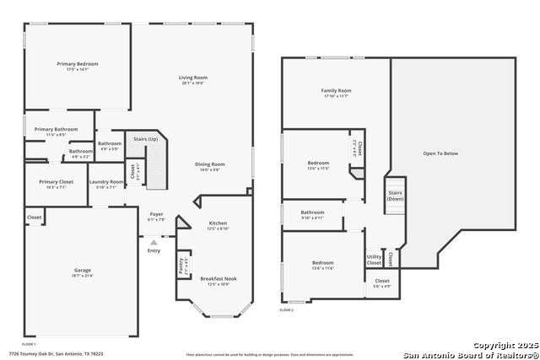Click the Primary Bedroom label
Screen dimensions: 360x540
[78, 64]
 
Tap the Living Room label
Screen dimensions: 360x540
[192, 78]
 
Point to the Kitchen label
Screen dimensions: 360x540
[218, 223]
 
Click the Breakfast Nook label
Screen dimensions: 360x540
[218, 278]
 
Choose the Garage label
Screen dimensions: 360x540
[82, 271]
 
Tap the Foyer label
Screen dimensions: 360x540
[156, 215]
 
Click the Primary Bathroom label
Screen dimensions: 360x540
[56, 129]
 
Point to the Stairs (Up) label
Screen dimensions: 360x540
[140, 138]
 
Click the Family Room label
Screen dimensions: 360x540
[336, 90]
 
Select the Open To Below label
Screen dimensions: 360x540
[440, 153]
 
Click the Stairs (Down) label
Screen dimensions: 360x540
[395, 196]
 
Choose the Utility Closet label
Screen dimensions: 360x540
[374, 260]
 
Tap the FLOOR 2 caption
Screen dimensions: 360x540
[287, 310]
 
